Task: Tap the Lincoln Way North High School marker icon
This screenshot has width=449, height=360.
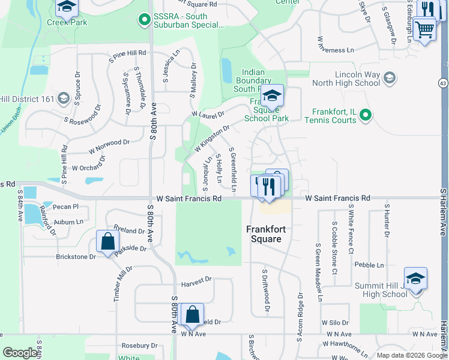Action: (x=389, y=78)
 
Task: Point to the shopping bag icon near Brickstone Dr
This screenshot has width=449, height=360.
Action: (x=107, y=242)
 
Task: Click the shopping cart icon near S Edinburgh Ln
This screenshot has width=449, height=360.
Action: (x=424, y=28)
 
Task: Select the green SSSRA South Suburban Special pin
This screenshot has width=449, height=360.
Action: (x=144, y=20)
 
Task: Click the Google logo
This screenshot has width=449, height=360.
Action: (x=20, y=353)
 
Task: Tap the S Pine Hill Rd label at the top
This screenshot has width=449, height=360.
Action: (x=128, y=53)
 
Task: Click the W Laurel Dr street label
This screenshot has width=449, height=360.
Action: (x=208, y=113)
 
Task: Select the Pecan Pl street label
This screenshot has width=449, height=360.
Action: (x=66, y=206)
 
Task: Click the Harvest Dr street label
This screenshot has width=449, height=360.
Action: (x=196, y=279)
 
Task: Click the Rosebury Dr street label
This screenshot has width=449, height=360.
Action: (x=139, y=346)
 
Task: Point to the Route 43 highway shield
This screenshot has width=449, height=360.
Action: (x=443, y=82)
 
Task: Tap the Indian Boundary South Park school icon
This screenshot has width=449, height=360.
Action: (x=272, y=96)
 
